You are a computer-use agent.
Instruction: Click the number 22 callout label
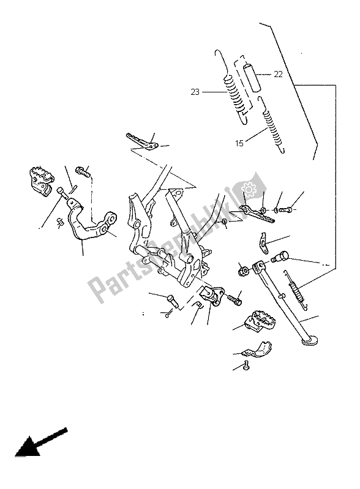(278, 75)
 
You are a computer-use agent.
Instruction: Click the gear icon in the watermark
(249, 189)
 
